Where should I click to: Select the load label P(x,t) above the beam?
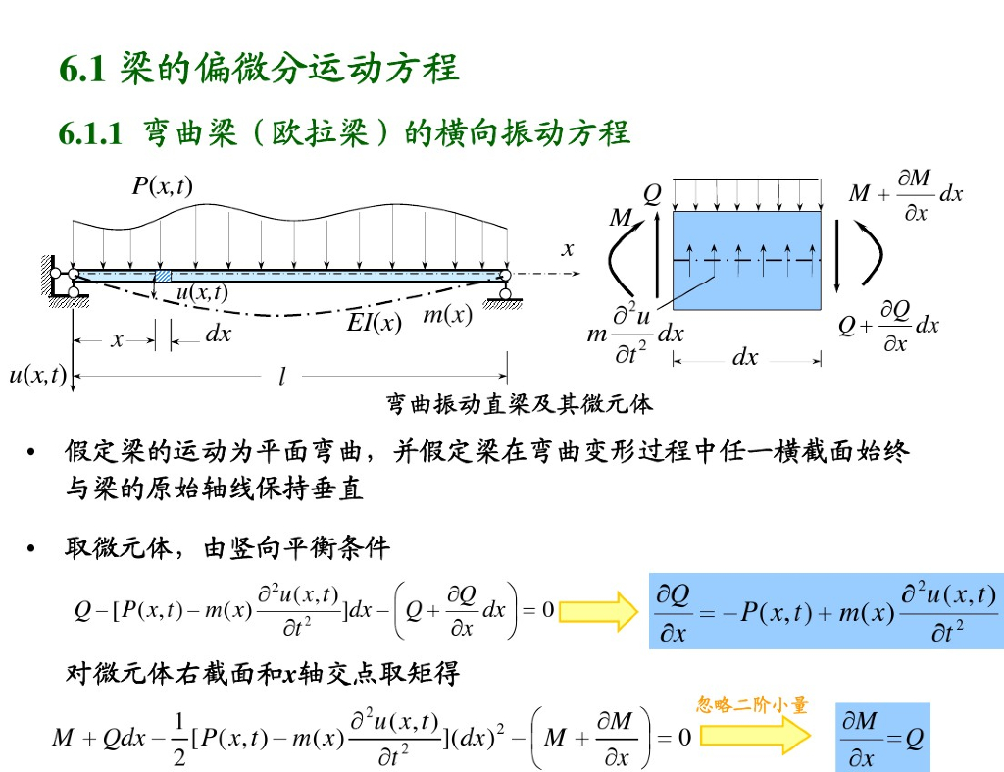(x=163, y=185)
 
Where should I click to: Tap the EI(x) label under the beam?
(x=375, y=322)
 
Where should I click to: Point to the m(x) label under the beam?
(x=447, y=315)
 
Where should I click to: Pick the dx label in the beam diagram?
(x=218, y=335)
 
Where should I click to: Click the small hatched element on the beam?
(x=163, y=276)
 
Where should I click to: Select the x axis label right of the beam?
(x=567, y=250)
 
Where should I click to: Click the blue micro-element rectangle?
(x=746, y=260)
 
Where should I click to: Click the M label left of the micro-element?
(x=620, y=219)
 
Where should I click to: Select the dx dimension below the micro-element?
(x=745, y=358)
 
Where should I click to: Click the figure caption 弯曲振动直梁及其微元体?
(x=519, y=403)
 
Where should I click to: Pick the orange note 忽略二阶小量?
(x=752, y=704)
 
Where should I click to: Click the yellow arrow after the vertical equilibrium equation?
(x=598, y=611)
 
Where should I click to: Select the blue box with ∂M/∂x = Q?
(x=881, y=737)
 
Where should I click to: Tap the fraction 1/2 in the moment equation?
(x=178, y=738)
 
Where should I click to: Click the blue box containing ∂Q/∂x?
(x=826, y=611)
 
